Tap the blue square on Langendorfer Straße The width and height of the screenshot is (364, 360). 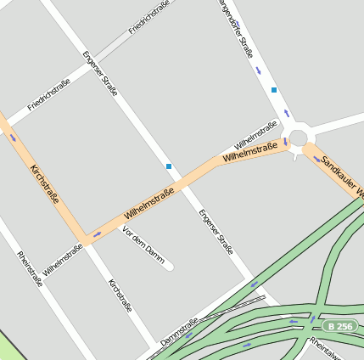274,89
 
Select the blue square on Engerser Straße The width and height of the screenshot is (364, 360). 169,166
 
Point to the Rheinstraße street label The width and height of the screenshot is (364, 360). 30,269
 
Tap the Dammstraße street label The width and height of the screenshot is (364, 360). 179,332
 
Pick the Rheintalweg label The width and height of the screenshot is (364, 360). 326,347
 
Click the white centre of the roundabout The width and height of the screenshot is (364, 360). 298,136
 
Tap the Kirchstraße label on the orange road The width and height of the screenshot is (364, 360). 44,187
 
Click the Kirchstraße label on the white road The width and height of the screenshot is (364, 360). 120,295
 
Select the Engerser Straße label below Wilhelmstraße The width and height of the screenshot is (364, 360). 216,232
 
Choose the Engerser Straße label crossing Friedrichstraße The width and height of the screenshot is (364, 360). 98,76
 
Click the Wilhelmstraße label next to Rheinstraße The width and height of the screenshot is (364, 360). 63,260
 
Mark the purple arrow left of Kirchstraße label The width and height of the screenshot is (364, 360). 13,138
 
